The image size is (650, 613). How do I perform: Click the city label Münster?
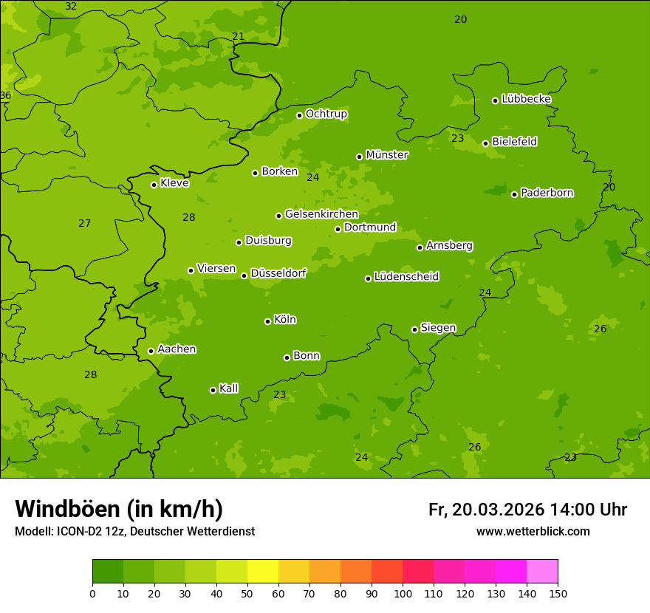(386, 155)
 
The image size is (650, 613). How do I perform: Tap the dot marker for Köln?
(267, 321)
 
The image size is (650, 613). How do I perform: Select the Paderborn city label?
(547, 193)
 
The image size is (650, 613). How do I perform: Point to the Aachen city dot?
(151, 351)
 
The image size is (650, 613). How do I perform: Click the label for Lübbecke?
(526, 99)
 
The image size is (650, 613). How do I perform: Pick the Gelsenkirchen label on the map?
(321, 214)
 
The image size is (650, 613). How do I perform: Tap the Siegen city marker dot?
(414, 329)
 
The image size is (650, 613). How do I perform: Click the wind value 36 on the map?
(5, 96)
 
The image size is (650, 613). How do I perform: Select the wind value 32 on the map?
(71, 7)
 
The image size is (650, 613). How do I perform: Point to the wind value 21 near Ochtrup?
(238, 36)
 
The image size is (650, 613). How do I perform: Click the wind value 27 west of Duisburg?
(85, 223)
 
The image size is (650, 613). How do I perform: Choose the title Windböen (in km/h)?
(119, 509)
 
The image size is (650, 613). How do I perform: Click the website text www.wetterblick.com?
(533, 531)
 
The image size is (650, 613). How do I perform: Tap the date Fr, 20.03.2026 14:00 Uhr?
(527, 510)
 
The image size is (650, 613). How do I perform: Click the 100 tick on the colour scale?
(403, 592)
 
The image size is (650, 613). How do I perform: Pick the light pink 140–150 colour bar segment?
(542, 571)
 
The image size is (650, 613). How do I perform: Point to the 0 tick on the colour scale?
(92, 592)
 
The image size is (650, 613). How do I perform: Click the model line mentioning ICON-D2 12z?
(134, 531)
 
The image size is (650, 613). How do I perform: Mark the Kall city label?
(228, 388)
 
